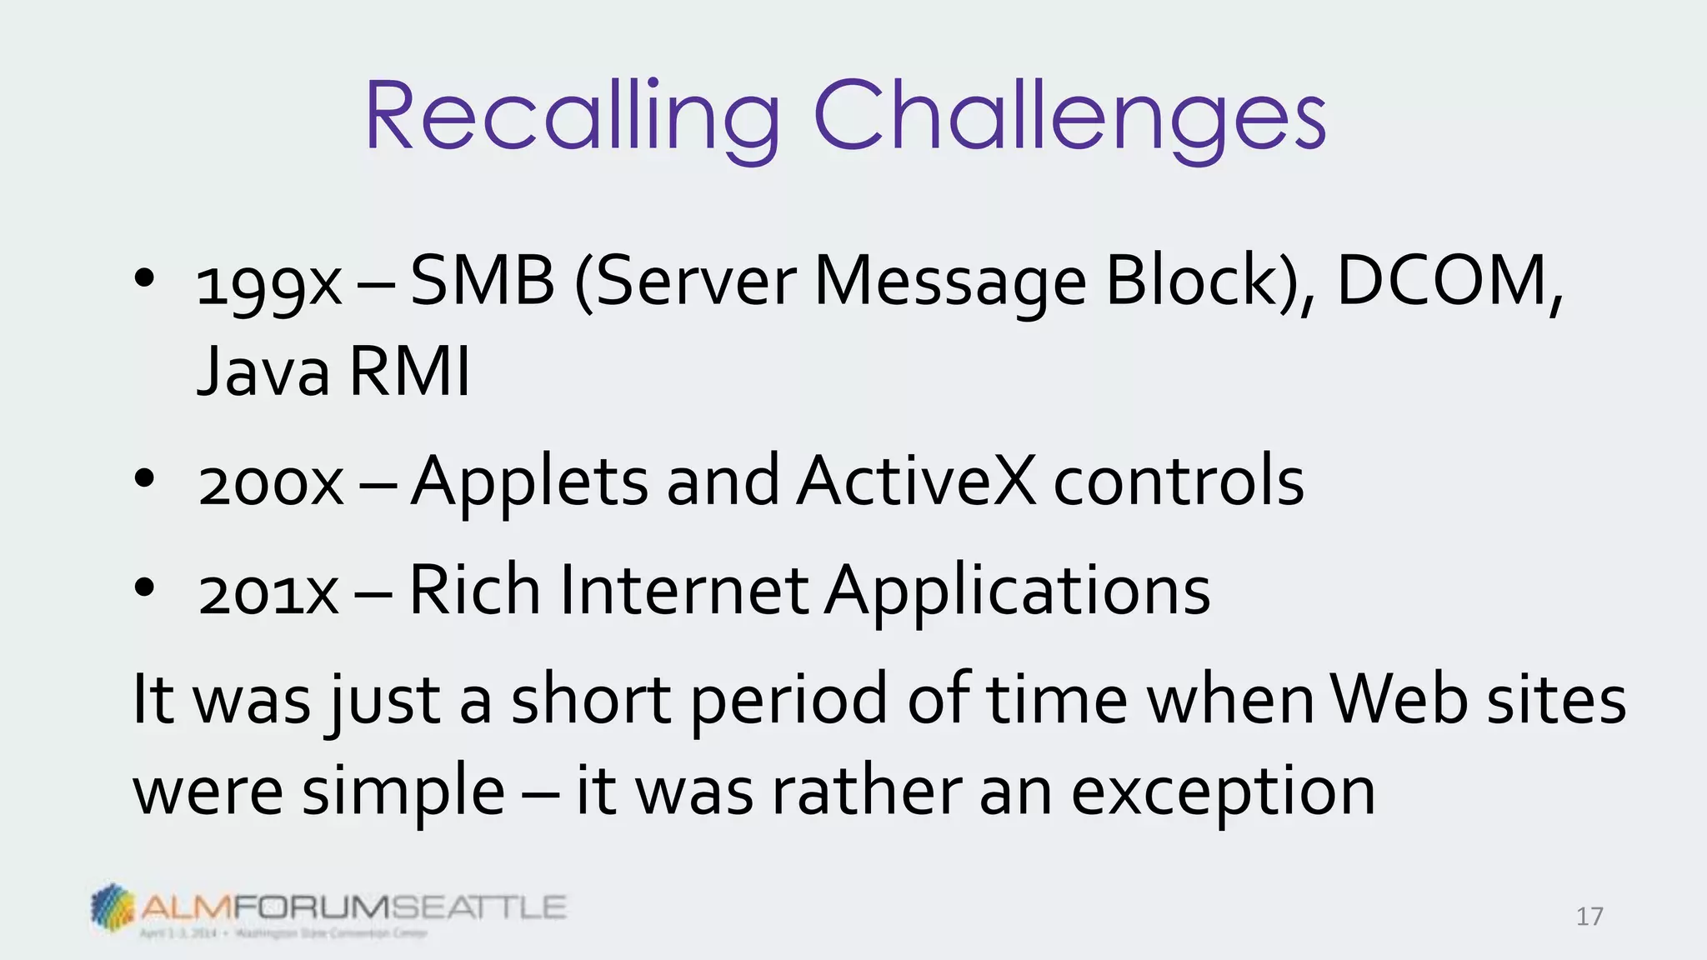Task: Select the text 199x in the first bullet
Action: pyautogui.click(x=268, y=286)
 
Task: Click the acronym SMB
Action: pyautogui.click(x=483, y=281)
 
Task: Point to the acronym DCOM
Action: pyautogui.click(x=1442, y=281)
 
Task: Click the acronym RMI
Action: pyautogui.click(x=409, y=372)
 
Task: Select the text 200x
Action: pyautogui.click(x=271, y=484)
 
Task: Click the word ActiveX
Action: pyautogui.click(x=916, y=481)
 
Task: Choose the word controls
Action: pyautogui.click(x=1179, y=481)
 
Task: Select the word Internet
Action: pyautogui.click(x=684, y=590)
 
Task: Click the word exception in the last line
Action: pyautogui.click(x=1223, y=792)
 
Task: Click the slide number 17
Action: pyautogui.click(x=1589, y=917)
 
